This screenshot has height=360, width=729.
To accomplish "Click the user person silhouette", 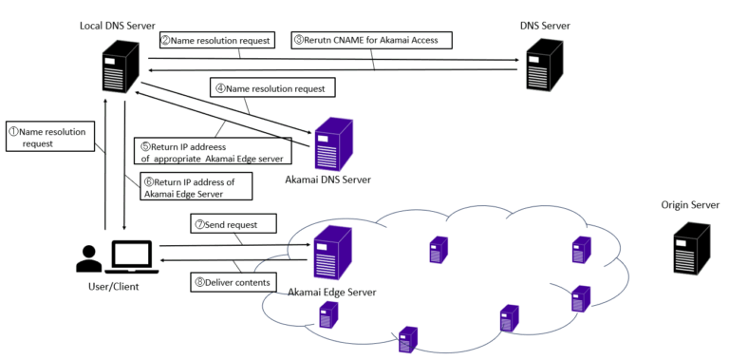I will (x=88, y=258).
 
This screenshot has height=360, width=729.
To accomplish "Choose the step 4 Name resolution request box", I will (x=272, y=88).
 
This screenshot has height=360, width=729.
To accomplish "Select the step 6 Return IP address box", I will (x=196, y=186).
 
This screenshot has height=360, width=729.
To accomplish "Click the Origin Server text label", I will (x=691, y=205).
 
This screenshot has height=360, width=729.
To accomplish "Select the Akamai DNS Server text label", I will (x=327, y=179).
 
